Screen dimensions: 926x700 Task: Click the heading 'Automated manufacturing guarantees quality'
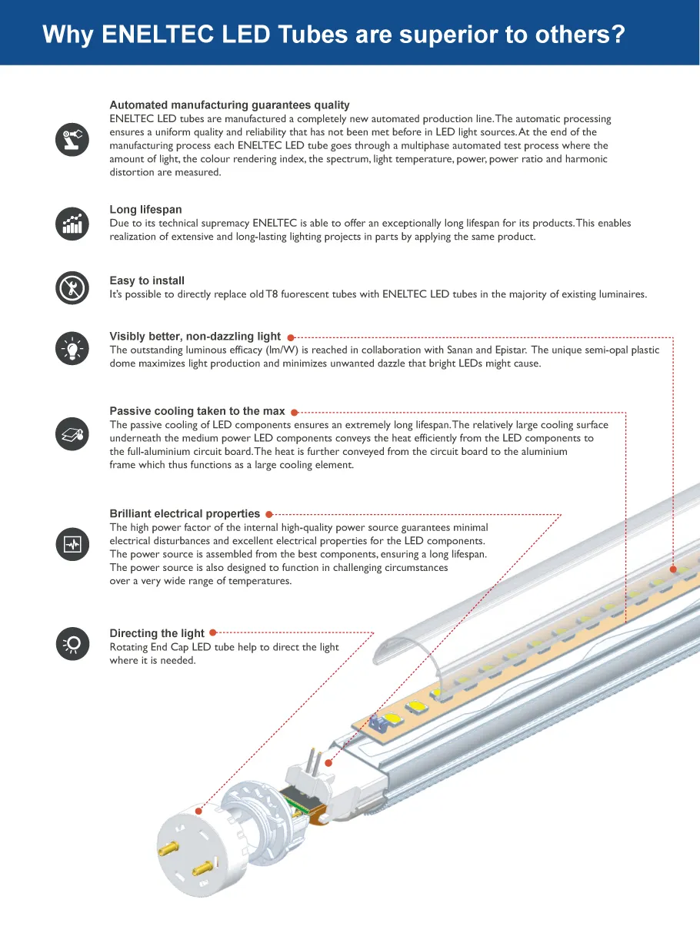coord(229,105)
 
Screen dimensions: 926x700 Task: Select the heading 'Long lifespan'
coord(145,210)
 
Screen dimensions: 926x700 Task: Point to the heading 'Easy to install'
coord(147,281)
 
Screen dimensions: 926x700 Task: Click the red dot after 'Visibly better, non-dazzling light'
coord(291,337)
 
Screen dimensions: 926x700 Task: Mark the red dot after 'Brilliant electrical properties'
coord(268,514)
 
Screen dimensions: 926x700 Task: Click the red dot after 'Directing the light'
coord(212,633)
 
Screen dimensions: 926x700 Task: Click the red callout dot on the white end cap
coord(198,811)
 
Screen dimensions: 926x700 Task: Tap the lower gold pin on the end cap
coord(202,870)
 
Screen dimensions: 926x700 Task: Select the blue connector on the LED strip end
coord(379,722)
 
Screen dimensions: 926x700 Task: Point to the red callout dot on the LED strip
coord(673,569)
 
